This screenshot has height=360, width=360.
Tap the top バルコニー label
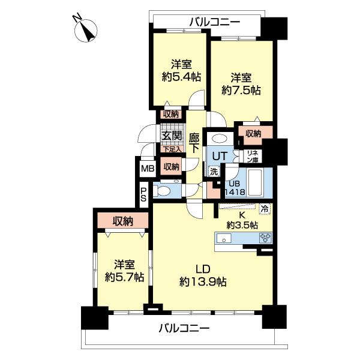coord(214,22)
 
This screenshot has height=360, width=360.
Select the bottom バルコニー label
coord(184,328)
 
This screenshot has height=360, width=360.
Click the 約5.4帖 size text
coord(181,77)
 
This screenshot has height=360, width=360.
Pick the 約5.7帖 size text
coord(124,277)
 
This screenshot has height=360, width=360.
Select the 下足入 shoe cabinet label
coord(172,149)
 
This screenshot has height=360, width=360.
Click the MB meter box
coord(147,168)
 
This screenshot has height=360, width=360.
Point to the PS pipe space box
coord(143,193)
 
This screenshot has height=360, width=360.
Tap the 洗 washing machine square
coord(214,170)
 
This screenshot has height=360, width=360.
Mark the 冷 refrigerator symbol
coord(265,209)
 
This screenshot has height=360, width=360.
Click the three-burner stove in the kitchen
coord(265,238)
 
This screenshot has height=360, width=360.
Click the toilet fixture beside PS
coord(163,192)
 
